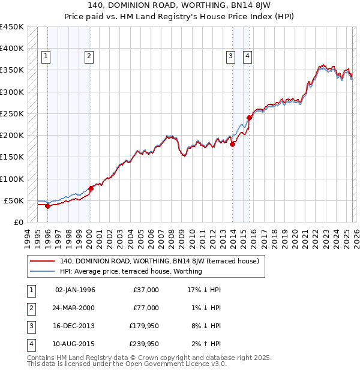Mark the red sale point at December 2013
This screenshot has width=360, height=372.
pyautogui.click(x=232, y=144)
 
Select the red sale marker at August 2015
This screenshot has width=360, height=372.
pyautogui.click(x=249, y=118)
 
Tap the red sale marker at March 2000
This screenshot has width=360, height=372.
pyautogui.click(x=91, y=188)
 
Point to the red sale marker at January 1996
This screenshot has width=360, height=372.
pyautogui.click(x=47, y=206)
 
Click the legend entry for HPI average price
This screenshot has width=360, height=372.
pyautogui.click(x=131, y=271)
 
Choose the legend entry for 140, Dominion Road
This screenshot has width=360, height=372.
pyautogui.click(x=159, y=261)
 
